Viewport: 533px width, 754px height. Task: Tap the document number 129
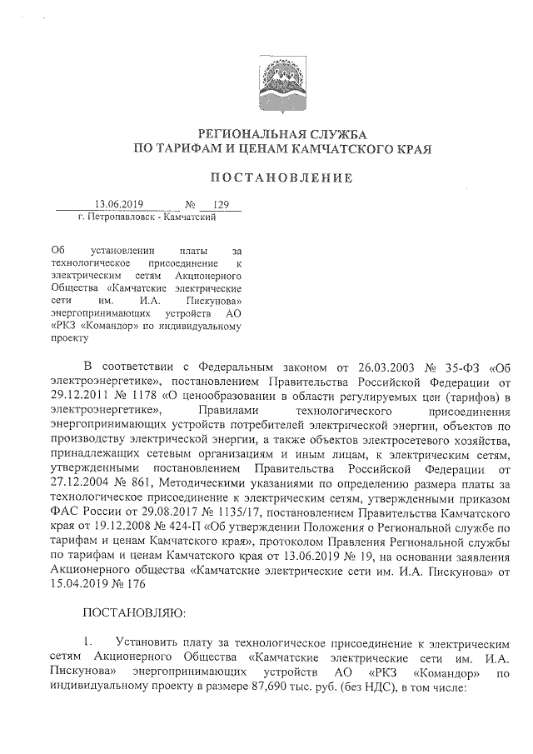coord(222,204)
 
